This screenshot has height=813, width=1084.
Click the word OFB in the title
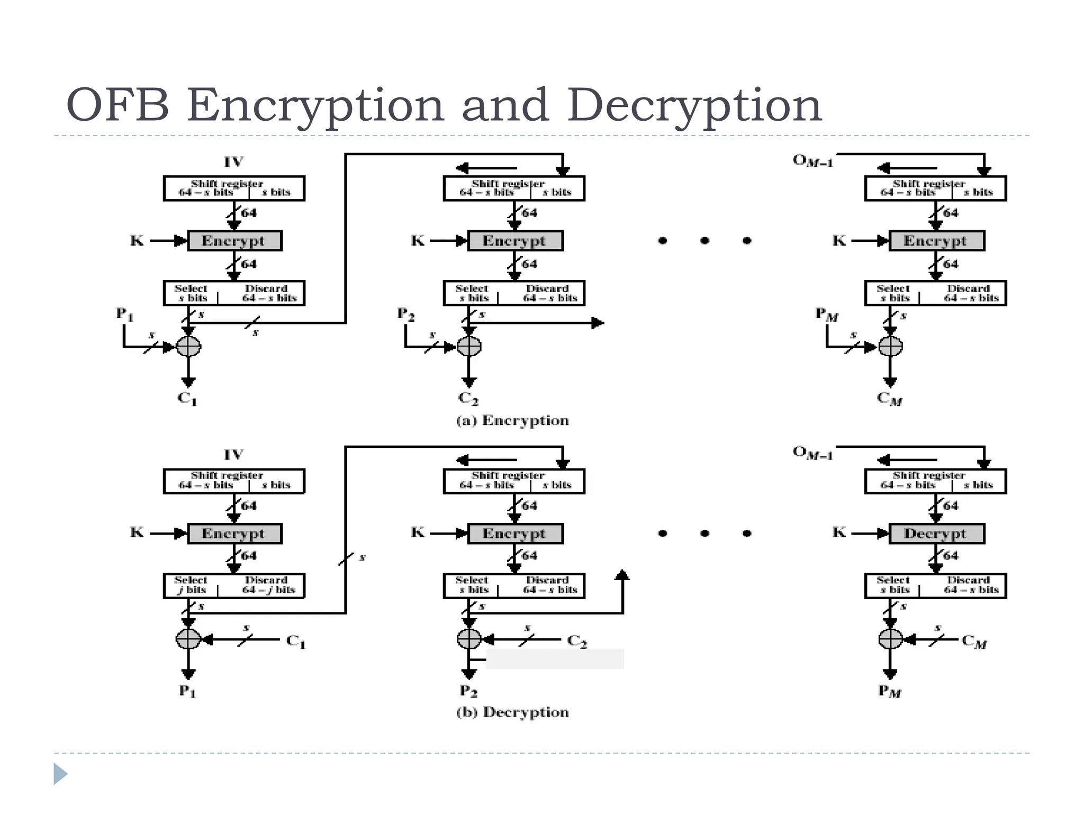click(118, 105)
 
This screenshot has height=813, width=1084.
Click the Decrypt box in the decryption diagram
click(936, 534)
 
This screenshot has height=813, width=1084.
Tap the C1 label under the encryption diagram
click(187, 398)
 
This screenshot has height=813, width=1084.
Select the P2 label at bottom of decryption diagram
click(468, 691)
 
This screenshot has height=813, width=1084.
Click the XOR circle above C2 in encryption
click(469, 347)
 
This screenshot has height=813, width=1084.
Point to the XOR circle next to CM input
click(890, 639)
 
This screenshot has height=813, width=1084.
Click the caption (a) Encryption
click(512, 421)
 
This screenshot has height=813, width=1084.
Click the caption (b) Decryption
click(512, 712)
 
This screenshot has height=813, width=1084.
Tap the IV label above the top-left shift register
click(233, 161)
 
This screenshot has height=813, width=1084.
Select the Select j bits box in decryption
click(191, 585)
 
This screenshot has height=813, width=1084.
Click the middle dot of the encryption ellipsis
click(704, 241)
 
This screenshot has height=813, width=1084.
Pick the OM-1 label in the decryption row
click(812, 453)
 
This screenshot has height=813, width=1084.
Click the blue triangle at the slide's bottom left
click(60, 774)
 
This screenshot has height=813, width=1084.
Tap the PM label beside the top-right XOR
click(826, 315)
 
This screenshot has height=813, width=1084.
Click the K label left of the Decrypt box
click(839, 532)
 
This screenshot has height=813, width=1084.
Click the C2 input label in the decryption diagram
click(577, 641)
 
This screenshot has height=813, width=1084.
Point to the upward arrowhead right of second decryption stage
click(622, 575)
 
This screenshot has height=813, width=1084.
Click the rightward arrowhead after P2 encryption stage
click(598, 322)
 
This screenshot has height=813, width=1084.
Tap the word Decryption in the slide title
click(694, 105)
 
